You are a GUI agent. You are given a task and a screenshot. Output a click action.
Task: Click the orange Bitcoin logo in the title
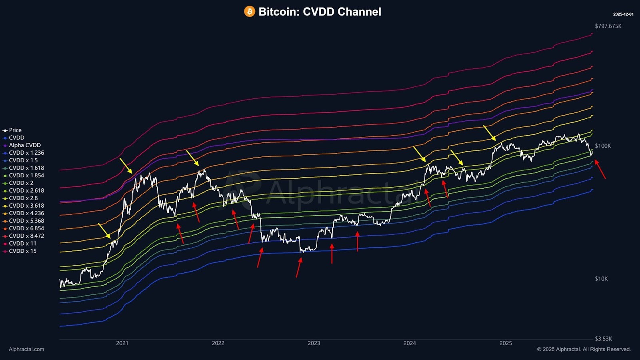(250, 11)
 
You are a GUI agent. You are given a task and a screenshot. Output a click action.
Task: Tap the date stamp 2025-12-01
(623, 14)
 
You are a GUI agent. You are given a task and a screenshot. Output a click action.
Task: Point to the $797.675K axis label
(608, 26)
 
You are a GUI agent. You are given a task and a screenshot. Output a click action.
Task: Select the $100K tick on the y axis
(603, 146)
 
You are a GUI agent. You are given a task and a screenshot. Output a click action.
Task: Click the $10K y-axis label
(601, 279)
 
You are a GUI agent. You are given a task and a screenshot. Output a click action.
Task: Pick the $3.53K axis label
(603, 339)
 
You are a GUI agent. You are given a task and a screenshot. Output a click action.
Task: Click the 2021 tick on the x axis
(122, 343)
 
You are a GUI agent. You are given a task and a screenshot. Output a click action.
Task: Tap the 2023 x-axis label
(314, 343)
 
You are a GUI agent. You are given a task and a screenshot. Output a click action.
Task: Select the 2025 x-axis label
(506, 343)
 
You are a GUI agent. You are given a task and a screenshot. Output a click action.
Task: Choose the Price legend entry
(15, 130)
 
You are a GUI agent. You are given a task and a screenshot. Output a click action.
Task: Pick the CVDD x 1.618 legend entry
(26, 168)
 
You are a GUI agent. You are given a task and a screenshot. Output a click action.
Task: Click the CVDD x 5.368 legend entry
(26, 221)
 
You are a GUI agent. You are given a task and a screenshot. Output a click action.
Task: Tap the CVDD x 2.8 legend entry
(23, 198)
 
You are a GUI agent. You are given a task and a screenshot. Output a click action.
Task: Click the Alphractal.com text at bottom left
(26, 349)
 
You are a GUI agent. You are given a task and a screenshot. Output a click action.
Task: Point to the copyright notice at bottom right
(584, 349)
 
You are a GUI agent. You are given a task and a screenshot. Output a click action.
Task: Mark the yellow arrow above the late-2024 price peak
(490, 133)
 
